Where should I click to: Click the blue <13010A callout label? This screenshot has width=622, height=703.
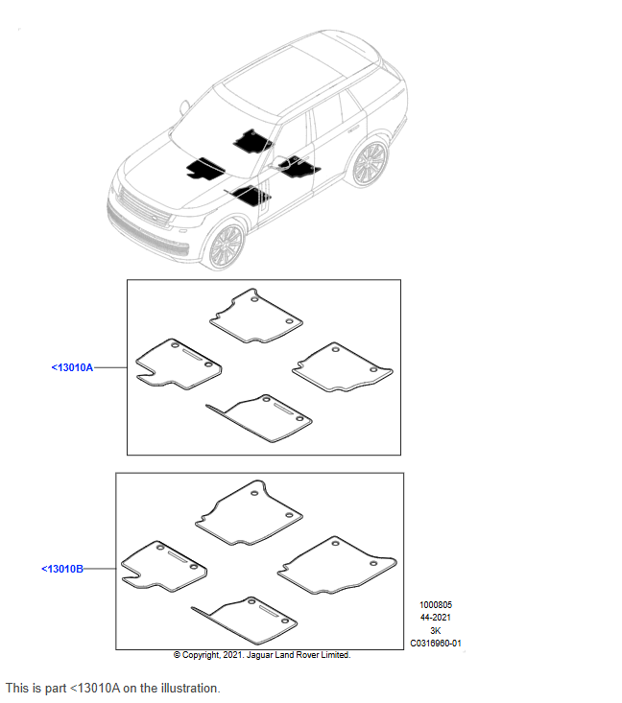[72, 367]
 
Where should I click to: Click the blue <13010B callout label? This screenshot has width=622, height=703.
[62, 569]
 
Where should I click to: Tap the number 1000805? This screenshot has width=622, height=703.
[436, 605]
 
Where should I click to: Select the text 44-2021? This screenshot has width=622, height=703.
[436, 618]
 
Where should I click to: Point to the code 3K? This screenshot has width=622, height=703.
[436, 630]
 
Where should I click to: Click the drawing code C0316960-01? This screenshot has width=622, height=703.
[436, 644]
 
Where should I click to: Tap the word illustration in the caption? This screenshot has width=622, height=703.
[189, 688]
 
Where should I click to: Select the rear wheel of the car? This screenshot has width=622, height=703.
[370, 163]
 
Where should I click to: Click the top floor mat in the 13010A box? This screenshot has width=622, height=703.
[256, 316]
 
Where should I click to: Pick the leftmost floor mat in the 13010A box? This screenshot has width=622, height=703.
[179, 364]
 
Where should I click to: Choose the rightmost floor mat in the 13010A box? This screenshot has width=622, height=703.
[343, 367]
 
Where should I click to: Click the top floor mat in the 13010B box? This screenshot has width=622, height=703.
[249, 513]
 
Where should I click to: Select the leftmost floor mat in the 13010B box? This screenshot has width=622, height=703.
[164, 566]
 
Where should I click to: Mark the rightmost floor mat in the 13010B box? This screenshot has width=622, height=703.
[337, 566]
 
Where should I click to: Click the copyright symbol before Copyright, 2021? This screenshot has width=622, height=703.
[177, 655]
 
